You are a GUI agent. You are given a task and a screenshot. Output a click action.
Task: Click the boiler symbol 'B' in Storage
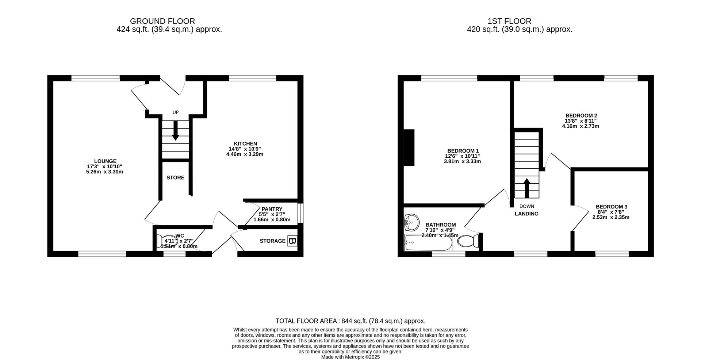(292, 241)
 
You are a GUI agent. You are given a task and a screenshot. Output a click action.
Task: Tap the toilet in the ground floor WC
(161, 241)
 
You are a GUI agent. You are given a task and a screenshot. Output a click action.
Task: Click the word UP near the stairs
(176, 112)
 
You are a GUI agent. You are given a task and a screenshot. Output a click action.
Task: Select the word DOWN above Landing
(526, 206)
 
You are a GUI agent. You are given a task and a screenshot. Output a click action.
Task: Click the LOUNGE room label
(105, 161)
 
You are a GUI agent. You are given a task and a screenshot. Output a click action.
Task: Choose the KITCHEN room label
(245, 143)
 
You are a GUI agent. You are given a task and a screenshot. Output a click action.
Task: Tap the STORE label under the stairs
(176, 178)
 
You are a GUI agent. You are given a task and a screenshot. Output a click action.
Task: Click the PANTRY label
(272, 209)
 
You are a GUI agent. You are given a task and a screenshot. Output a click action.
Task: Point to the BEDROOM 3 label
(611, 207)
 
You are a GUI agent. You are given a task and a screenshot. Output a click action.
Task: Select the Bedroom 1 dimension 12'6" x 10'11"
(462, 156)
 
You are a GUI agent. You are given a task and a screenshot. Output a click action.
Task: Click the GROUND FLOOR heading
(162, 21)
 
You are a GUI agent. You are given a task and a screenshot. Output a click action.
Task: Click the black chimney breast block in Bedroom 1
(409, 148)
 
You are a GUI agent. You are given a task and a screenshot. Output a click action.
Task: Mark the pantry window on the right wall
(300, 213)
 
